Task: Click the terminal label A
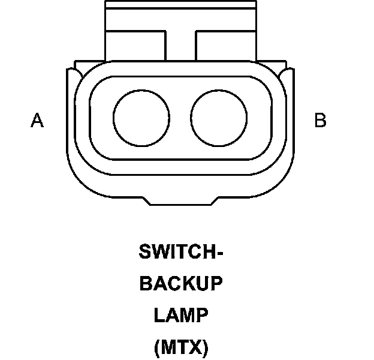click(37, 121)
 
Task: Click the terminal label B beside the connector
click(321, 121)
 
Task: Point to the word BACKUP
click(181, 284)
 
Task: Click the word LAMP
click(181, 315)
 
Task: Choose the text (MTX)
click(181, 347)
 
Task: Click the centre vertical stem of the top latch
click(180, 45)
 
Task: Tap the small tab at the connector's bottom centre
click(180, 200)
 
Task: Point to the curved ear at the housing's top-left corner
click(73, 75)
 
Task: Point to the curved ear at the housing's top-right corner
click(288, 75)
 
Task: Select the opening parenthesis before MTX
click(157, 347)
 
